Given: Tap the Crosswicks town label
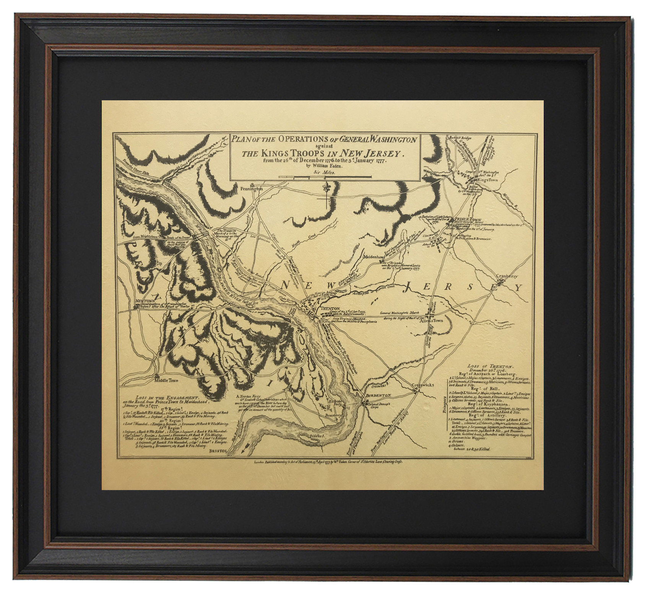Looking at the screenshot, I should point(423,385).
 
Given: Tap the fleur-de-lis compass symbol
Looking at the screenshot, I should point(326,190).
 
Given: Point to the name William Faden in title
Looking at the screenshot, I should point(324,167).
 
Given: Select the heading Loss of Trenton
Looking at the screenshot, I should point(484,366).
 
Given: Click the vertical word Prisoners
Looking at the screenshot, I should point(444,407).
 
